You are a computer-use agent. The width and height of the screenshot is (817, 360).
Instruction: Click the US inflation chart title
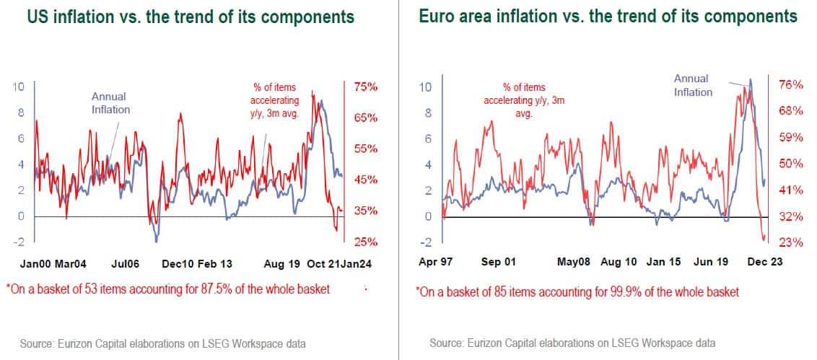(191, 17)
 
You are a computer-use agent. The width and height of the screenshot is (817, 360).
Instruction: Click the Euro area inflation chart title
(608, 17)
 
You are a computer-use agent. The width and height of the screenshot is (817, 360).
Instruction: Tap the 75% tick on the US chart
(365, 87)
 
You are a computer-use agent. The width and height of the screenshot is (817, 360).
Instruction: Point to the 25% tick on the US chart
(365, 242)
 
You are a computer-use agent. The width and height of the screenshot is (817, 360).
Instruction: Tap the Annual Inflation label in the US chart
(110, 102)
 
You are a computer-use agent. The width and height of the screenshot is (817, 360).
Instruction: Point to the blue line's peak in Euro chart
(751, 79)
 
